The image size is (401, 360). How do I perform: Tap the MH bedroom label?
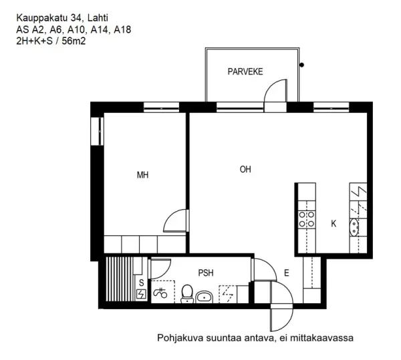coord(142,176)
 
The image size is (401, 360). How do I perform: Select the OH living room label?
coord(245,170)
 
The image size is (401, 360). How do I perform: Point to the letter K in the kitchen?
coord(333,224)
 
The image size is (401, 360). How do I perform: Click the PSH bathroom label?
coord(207,273)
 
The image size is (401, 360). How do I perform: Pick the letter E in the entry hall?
coord(286,273)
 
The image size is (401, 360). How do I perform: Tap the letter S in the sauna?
coord(140,283)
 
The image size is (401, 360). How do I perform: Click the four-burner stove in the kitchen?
coord(306,218)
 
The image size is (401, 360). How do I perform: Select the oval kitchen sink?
coord(356,231)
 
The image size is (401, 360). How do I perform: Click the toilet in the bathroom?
coord(187,293)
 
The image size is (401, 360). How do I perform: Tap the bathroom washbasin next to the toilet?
coord(205,295)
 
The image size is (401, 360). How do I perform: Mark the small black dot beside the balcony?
coord(303,65)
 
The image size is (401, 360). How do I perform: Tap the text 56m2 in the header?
coord(74,41)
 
